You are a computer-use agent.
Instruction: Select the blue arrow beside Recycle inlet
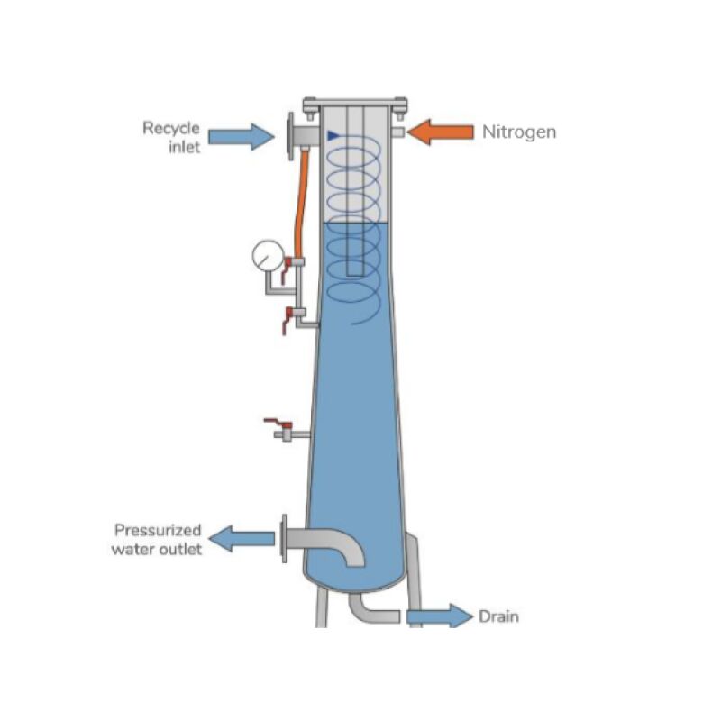point(241,136)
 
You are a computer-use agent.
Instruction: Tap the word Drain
point(498,617)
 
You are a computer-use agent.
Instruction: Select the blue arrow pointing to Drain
point(439,616)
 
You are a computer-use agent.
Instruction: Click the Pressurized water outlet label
point(156,539)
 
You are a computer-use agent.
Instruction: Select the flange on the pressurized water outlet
point(286,538)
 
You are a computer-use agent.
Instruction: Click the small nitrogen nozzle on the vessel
point(397,132)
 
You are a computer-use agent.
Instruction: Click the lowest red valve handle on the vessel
point(271,421)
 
